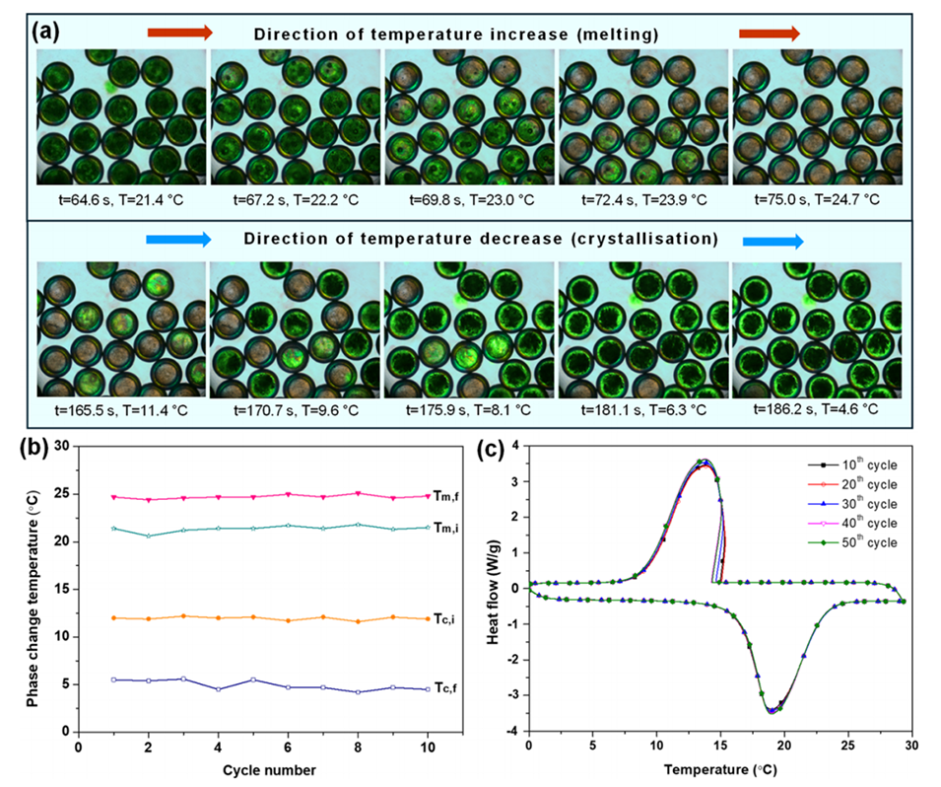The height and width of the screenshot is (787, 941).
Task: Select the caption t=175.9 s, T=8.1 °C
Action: coord(468,407)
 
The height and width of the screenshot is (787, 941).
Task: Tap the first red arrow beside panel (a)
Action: coord(179,33)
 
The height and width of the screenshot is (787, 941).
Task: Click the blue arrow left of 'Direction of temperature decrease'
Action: coord(178,239)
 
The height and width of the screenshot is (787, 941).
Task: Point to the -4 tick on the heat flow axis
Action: coord(517,732)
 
